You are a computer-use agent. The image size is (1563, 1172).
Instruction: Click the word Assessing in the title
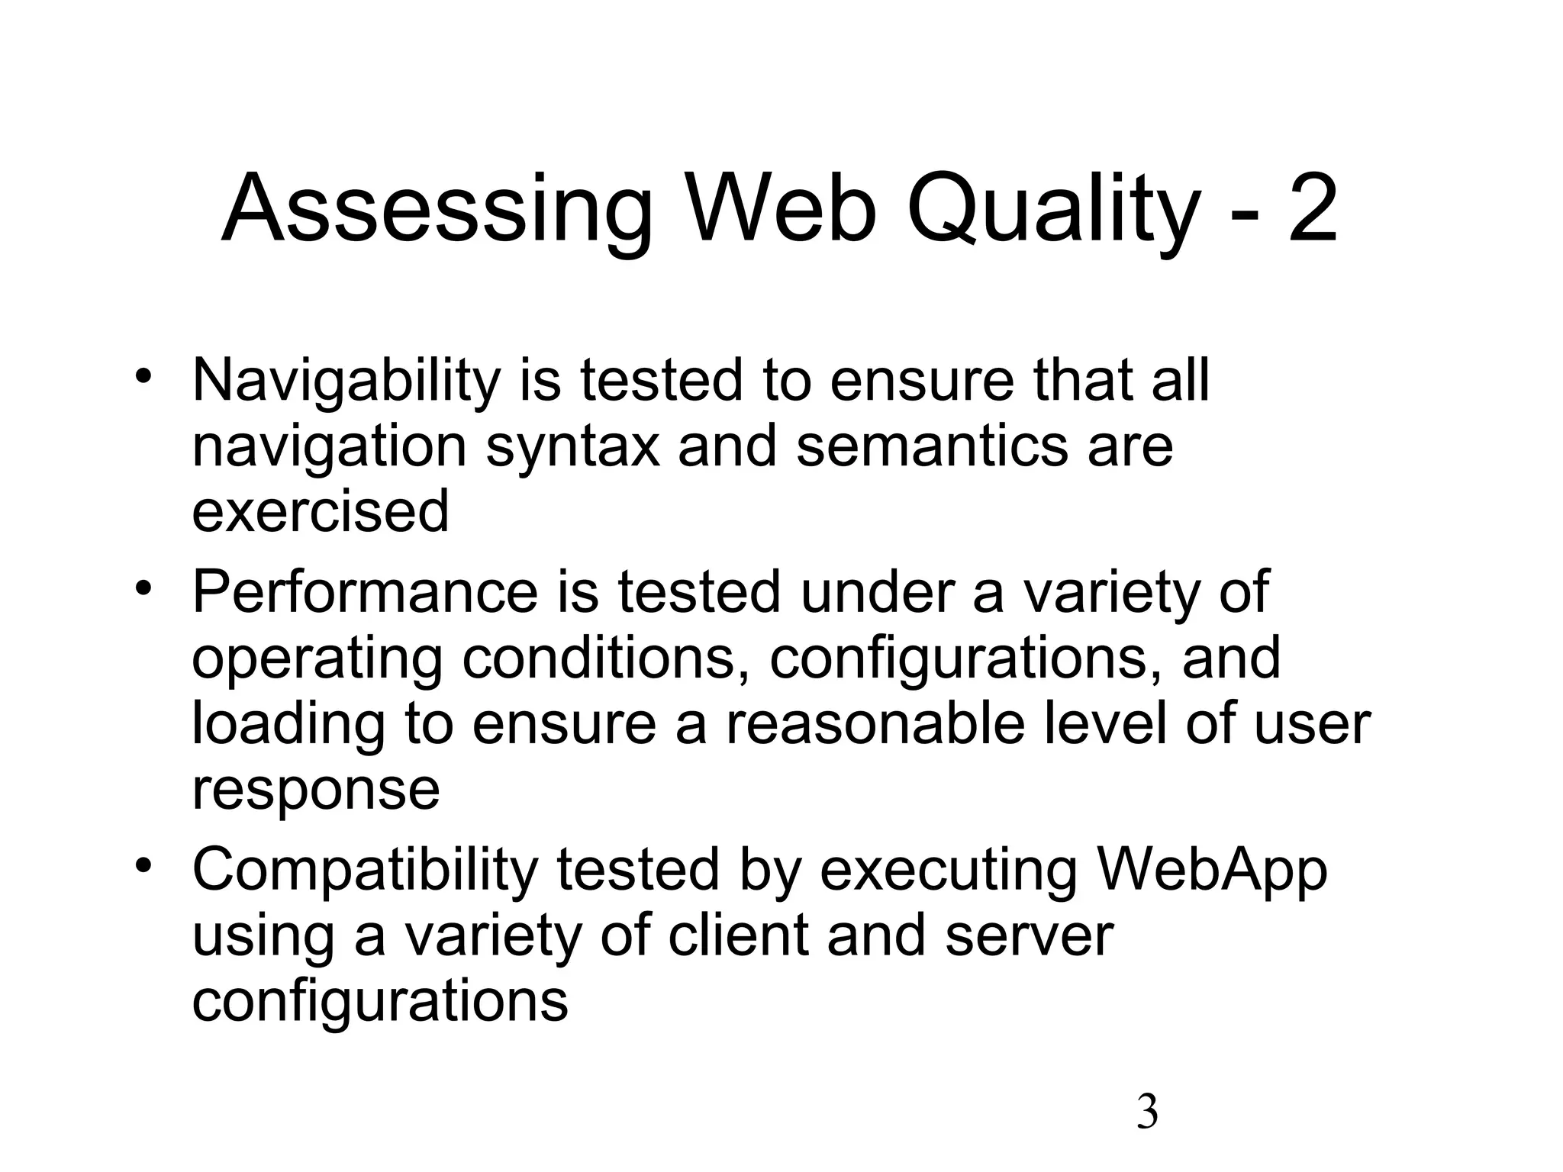[x=437, y=210]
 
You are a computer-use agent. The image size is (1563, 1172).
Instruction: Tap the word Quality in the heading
[x=1049, y=210]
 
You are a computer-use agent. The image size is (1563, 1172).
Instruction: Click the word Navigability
[x=346, y=381]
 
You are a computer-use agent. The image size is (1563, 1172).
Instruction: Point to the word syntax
[x=572, y=448]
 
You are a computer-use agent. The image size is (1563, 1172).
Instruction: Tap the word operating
[x=317, y=659]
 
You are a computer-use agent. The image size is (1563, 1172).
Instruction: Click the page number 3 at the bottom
[x=1147, y=1112]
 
